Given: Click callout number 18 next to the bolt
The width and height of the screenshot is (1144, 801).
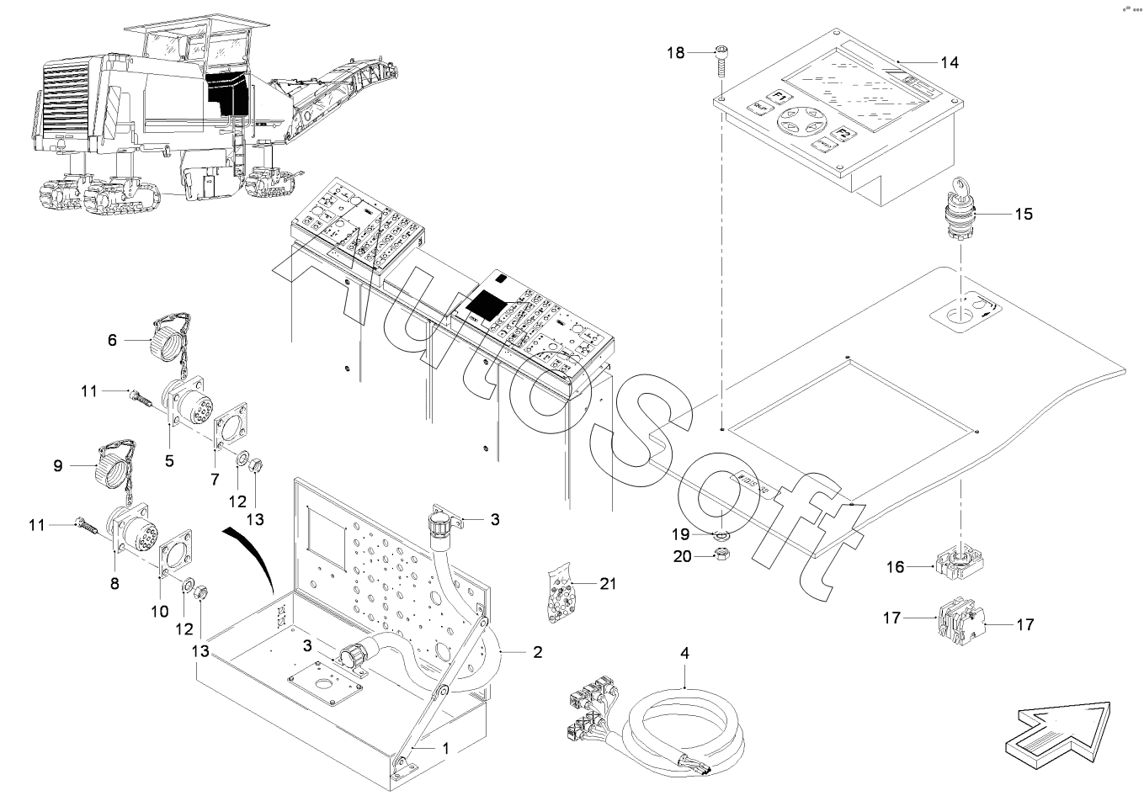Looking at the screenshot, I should click(x=676, y=52).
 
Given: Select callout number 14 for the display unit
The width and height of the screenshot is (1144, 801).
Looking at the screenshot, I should click(x=949, y=62).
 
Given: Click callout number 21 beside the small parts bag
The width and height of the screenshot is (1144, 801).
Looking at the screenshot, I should click(x=607, y=583).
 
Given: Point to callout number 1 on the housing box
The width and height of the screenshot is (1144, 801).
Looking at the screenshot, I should click(x=446, y=746).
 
